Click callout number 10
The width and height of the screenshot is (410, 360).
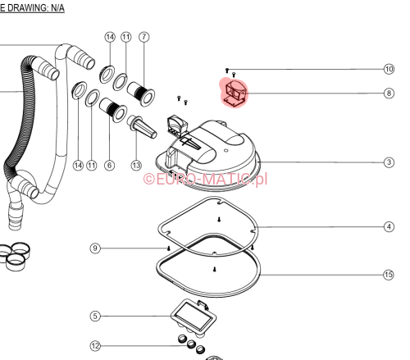(389, 69)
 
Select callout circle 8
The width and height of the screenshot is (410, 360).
(389, 93)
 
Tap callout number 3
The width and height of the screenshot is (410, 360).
(389, 162)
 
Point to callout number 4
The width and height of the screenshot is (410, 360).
(389, 226)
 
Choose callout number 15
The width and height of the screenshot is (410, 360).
(389, 275)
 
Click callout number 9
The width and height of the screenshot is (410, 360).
(95, 248)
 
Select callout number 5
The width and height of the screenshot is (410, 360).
(95, 316)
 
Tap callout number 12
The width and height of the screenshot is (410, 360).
(95, 346)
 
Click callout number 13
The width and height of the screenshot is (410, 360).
(136, 165)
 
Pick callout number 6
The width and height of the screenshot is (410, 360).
(109, 165)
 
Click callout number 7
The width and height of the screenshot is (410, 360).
(144, 37)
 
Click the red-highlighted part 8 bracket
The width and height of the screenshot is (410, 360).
(234, 93)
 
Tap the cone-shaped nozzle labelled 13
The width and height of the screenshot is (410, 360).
(142, 127)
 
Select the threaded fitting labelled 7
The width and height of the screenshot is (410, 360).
(141, 93)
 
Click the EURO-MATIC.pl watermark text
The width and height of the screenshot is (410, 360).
(205, 180)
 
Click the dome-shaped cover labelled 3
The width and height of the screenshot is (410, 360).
(207, 156)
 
